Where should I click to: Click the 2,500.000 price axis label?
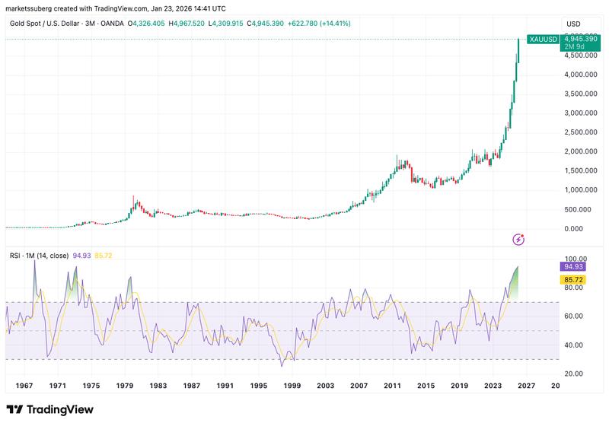[x=580, y=132]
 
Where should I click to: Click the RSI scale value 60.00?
[x=573, y=316]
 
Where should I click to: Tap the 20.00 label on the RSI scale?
[x=573, y=374]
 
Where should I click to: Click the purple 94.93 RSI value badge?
[x=573, y=266]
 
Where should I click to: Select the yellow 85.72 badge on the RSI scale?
[x=573, y=279]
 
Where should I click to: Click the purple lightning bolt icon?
[x=519, y=240]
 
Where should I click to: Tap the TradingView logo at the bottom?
[x=50, y=410]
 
